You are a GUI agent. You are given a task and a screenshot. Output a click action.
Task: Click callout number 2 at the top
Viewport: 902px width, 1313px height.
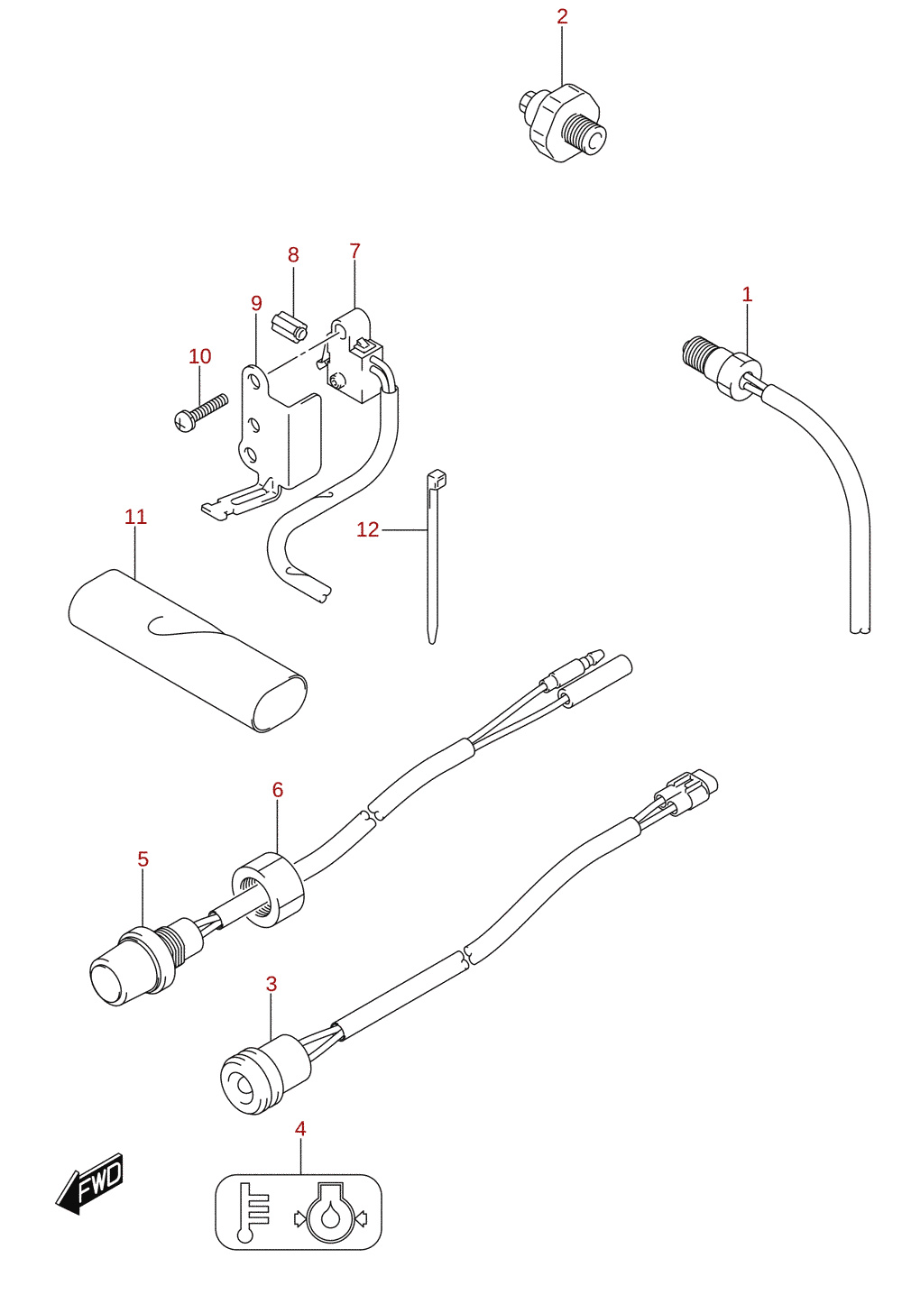pos(562,17)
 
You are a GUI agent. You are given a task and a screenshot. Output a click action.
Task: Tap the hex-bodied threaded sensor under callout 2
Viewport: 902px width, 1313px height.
pos(561,123)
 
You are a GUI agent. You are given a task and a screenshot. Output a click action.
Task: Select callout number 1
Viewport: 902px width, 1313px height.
pos(747,294)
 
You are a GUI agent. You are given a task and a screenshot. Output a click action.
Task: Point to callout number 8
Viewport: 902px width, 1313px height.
pos(293,255)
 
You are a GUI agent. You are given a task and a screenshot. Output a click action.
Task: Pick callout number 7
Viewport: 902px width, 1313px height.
pos(354,251)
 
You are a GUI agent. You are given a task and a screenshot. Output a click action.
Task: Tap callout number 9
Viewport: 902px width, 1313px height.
pos(256,304)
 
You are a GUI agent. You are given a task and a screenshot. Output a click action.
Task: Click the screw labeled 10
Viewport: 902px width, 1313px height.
pos(201,411)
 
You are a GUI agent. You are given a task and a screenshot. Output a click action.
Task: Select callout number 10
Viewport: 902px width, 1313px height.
pos(200,356)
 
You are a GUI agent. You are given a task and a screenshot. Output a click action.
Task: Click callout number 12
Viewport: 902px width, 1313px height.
pos(368,530)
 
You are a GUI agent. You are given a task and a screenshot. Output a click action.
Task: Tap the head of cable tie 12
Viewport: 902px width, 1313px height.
pos(437,480)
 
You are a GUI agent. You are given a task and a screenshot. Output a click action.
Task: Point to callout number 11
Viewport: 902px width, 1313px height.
pos(135,517)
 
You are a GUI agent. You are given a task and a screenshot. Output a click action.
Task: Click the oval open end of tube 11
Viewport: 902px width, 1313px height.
pos(280,703)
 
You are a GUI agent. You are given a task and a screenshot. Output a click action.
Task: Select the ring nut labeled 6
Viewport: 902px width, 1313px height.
pos(268,889)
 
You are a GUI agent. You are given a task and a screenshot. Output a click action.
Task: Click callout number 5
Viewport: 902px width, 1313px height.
pos(143,859)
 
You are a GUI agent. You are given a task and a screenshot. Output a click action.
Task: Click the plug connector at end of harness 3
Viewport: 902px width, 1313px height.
pos(686,791)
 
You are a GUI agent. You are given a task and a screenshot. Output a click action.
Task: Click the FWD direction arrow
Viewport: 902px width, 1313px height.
pos(89,1184)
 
